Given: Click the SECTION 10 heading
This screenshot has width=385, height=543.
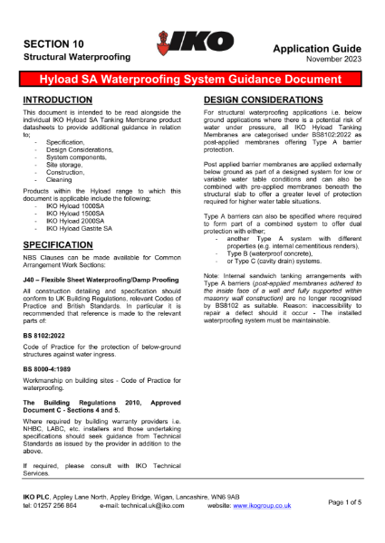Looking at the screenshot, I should [x=53, y=43].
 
